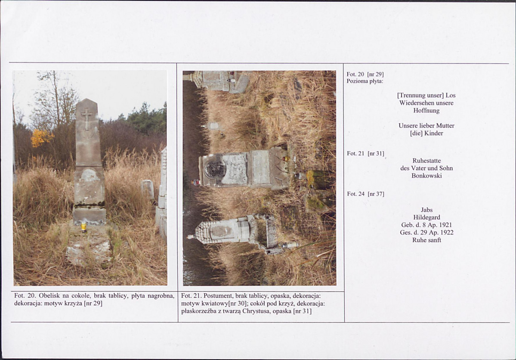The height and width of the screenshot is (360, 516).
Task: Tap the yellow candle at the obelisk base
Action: coord(84,227)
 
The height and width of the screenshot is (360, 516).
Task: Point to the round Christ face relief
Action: coord(215,169)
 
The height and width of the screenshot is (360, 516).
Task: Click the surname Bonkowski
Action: coord(426,176)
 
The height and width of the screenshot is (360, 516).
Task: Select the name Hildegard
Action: coord(426,217)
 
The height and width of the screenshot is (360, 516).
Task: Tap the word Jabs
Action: coord(426,210)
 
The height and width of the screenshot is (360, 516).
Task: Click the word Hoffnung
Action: coord(426,111)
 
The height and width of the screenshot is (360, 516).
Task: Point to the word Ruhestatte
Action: coord(426,161)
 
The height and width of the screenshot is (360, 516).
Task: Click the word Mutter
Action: coord(445,126)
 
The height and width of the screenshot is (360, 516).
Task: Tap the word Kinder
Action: coord(434,133)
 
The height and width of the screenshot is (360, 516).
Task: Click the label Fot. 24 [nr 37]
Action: coord(366,194)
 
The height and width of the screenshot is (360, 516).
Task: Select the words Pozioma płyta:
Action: coord(365,81)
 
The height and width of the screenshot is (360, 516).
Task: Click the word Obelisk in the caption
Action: coord(49,296)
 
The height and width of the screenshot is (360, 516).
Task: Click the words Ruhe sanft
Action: coord(426,240)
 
